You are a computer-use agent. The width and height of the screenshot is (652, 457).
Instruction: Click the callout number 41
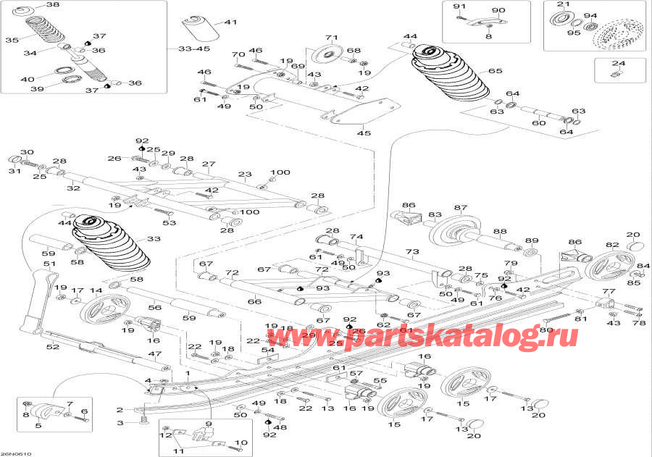231,22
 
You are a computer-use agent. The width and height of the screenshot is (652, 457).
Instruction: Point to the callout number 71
332,38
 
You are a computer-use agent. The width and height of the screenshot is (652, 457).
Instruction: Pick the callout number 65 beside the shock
495,71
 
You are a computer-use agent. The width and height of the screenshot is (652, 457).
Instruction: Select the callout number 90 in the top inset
498,10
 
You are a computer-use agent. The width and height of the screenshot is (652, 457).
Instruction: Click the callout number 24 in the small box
617,63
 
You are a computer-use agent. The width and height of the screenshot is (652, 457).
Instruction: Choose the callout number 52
52,347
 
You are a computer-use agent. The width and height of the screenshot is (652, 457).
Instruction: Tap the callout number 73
412,251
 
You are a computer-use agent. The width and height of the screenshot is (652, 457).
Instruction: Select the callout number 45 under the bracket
363,133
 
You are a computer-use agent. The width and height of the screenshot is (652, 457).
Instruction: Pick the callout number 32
74,188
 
